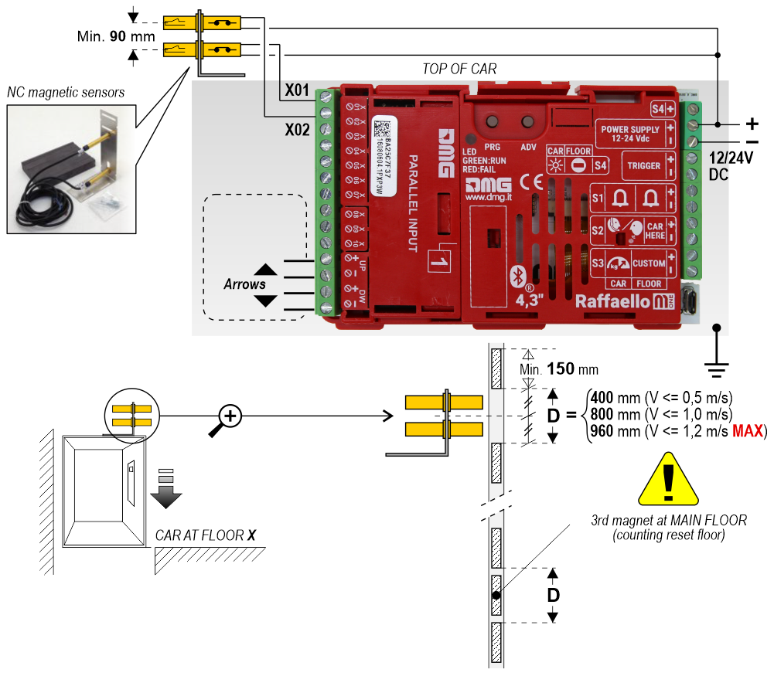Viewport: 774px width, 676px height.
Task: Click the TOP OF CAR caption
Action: pos(459,70)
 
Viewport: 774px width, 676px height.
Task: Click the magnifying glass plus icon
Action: pos(231,417)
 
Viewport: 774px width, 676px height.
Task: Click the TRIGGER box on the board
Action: pos(644,165)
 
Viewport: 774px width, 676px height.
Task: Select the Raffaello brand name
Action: pos(612,302)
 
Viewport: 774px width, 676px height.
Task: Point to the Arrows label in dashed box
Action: pos(244,284)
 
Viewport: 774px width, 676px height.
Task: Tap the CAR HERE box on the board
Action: pos(655,230)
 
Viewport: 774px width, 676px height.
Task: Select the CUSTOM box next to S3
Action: pos(648,263)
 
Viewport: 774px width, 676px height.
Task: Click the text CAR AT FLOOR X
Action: pos(206,535)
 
